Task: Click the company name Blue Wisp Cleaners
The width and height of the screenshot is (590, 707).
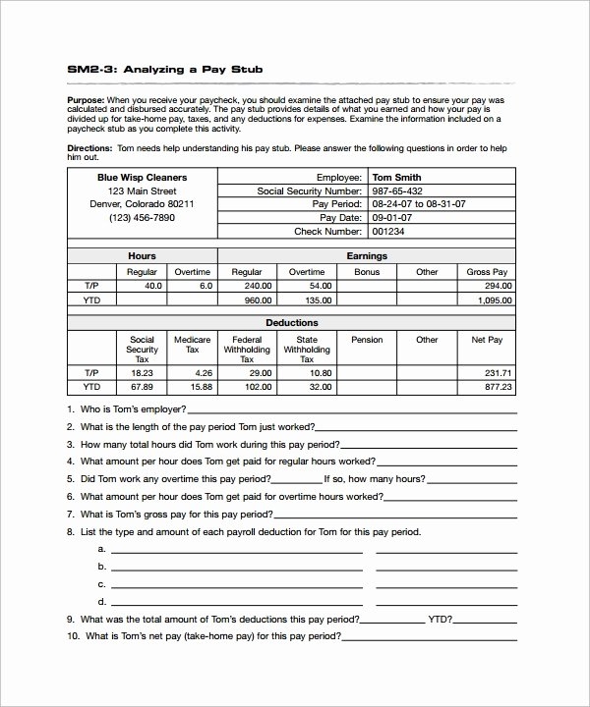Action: click(x=142, y=177)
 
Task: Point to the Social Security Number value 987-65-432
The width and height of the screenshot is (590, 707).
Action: click(x=397, y=190)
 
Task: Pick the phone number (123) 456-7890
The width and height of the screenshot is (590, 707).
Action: click(x=142, y=218)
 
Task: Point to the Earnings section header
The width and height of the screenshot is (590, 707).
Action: click(x=367, y=255)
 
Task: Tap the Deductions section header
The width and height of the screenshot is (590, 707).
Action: click(x=291, y=322)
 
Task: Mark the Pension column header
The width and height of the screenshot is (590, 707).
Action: click(x=367, y=340)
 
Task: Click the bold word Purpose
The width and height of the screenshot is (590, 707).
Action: click(x=85, y=100)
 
